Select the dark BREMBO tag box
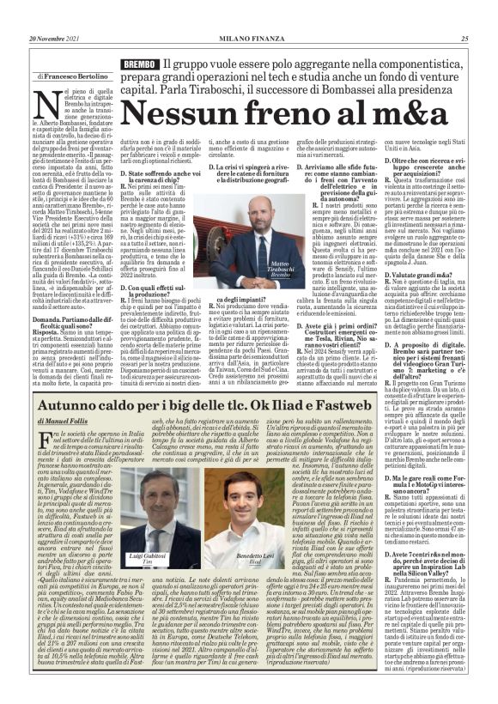pyautogui.click(x=141, y=64)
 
